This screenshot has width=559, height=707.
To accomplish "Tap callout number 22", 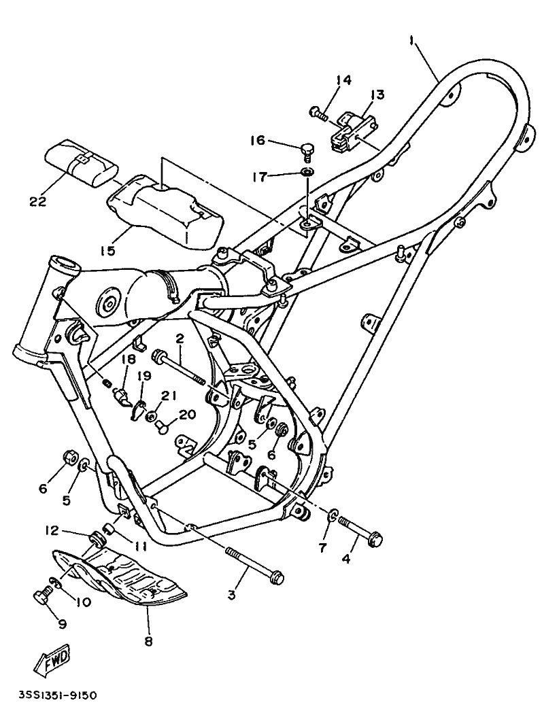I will [x=37, y=201].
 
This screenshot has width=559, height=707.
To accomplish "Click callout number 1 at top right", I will [x=412, y=41].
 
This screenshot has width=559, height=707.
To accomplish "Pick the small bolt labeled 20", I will [x=162, y=428].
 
